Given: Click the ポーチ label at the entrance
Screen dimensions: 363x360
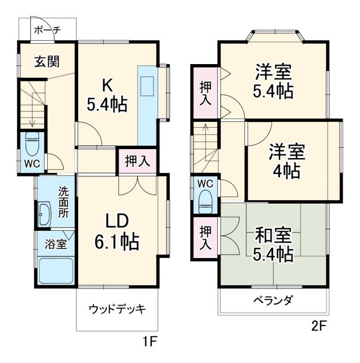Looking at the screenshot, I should coord(47,31).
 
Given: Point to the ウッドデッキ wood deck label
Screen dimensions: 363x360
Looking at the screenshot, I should coord(117,309).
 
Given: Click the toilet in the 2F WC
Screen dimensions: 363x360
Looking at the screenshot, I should coord(205,199).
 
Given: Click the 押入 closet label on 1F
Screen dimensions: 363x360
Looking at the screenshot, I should coord(137,161).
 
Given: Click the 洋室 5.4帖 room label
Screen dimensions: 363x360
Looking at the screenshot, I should coord(274,82).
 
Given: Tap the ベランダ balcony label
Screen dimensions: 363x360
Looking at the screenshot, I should coord(273,301).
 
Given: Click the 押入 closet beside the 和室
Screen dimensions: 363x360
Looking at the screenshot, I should coord(205,238).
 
